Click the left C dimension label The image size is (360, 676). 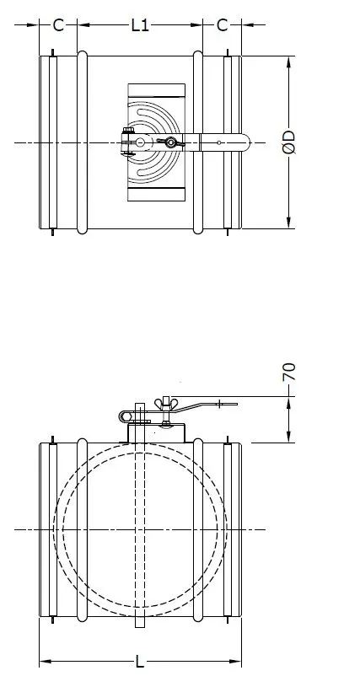pyautogui.click(x=58, y=25)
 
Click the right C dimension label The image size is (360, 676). pyautogui.click(x=222, y=25)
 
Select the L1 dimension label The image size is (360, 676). pyautogui.click(x=140, y=25)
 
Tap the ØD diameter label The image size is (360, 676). pyautogui.click(x=289, y=142)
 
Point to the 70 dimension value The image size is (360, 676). pyautogui.click(x=289, y=373)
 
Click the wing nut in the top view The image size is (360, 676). pyautogui.click(x=173, y=143)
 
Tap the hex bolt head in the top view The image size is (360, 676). pyautogui.click(x=129, y=142)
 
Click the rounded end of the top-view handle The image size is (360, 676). pyautogui.click(x=244, y=142)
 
